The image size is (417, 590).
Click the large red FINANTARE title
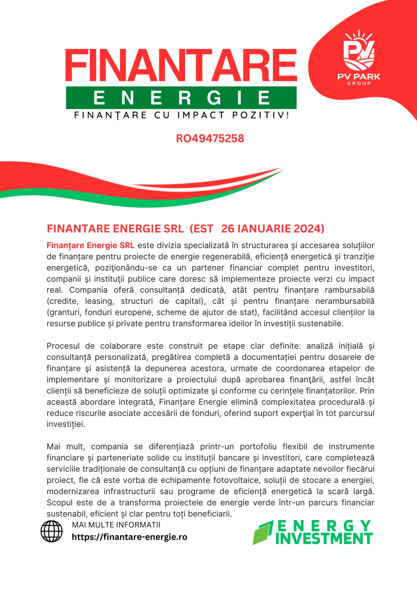coord(181,65)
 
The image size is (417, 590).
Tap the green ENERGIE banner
coord(181,98)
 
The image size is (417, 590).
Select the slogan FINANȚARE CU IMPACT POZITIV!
coord(181,115)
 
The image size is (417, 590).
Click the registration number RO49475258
coord(210,138)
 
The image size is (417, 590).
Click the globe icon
coord(51,531)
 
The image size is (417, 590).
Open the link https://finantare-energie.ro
coord(129,537)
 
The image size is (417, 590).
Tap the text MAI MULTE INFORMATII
coord(116,525)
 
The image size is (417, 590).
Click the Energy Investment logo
coord(313,532)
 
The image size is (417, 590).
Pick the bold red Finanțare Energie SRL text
coord(90,245)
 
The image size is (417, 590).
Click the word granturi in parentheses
coord(65,312)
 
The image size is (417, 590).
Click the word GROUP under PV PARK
coord(359,83)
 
